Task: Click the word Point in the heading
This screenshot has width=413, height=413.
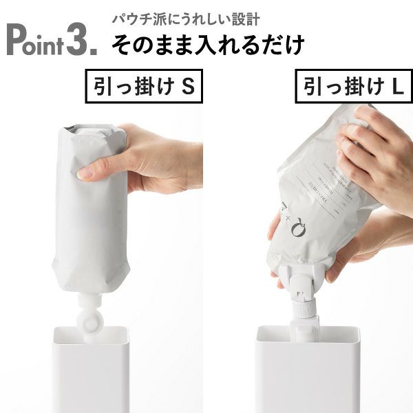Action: click(x=34, y=41)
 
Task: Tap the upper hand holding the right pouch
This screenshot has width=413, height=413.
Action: click(x=375, y=155)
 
